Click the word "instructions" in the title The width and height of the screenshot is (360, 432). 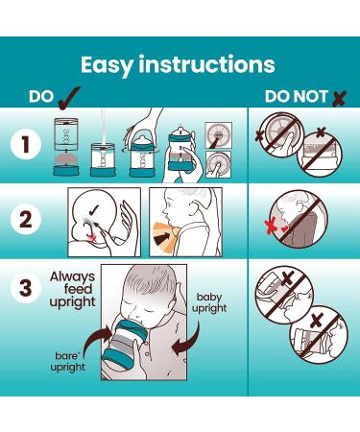tap(206, 64)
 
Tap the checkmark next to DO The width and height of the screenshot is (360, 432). tap(69, 98)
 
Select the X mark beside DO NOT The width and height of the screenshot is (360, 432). tap(339, 99)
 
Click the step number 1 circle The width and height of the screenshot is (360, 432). tap(26, 145)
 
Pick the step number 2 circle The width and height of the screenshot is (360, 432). tap(26, 220)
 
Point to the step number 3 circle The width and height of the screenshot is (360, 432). tap(26, 288)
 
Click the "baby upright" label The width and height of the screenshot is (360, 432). tap(209, 302)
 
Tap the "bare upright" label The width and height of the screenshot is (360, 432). tap(68, 362)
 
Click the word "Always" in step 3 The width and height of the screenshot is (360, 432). tap(73, 277)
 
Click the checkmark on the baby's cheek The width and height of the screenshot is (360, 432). tap(94, 210)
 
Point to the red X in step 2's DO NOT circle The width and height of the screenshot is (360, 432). tap(271, 227)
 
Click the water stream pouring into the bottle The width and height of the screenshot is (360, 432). tap(103, 128)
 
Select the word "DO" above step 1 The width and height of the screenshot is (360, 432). tap(41, 96)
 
